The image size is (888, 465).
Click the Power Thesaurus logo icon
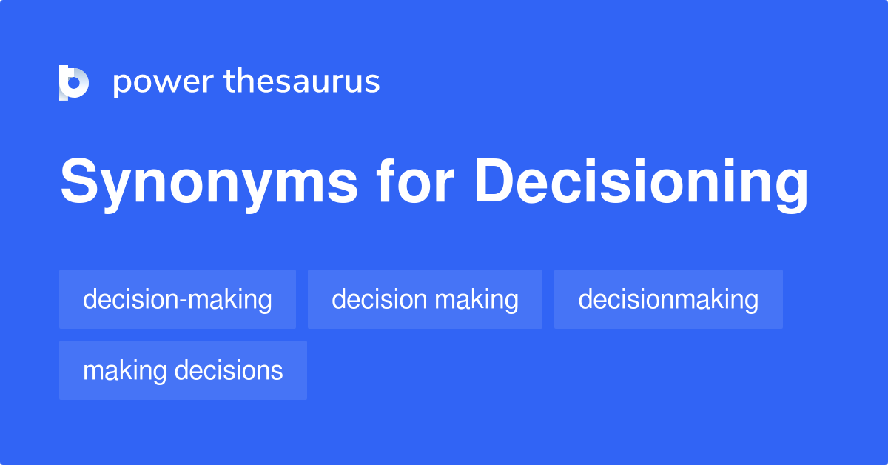74,82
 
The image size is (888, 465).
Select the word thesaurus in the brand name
302,82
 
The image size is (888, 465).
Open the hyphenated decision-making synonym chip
178,299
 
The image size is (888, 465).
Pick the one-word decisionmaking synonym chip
668,299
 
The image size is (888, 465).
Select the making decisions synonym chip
183,370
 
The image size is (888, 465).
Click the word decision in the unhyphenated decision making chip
380,299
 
